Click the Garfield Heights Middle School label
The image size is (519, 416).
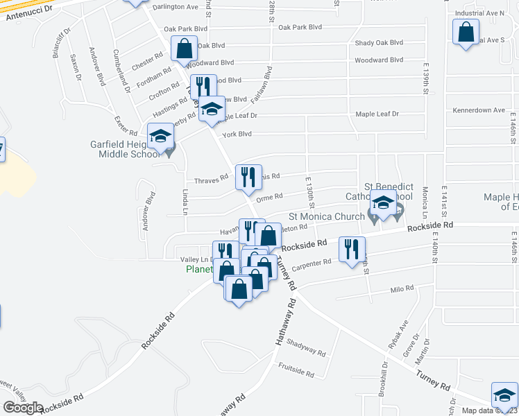[x=125, y=149]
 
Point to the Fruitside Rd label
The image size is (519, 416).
[x=296, y=370]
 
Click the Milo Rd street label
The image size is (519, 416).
[x=401, y=288]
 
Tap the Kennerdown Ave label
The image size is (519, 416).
[x=479, y=110]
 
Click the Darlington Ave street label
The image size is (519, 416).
[x=175, y=7]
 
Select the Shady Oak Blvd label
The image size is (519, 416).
[x=379, y=43]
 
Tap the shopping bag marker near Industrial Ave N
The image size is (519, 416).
[x=466, y=32]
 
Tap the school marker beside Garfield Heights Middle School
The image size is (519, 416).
[x=160, y=136]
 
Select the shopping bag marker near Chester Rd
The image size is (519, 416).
[x=184, y=49]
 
